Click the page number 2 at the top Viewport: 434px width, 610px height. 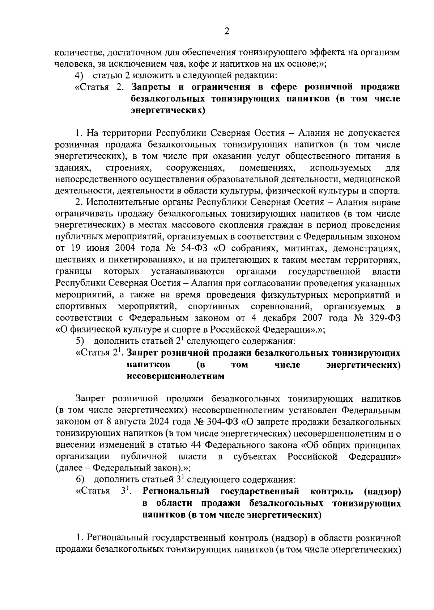[227, 32]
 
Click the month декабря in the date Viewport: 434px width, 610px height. [277, 318]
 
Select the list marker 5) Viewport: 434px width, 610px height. [80, 341]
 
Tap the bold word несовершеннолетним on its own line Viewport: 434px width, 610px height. [175, 376]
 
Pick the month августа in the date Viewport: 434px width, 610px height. [125, 422]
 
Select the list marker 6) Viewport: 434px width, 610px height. [80, 480]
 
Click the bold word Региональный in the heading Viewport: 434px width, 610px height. [176, 492]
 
